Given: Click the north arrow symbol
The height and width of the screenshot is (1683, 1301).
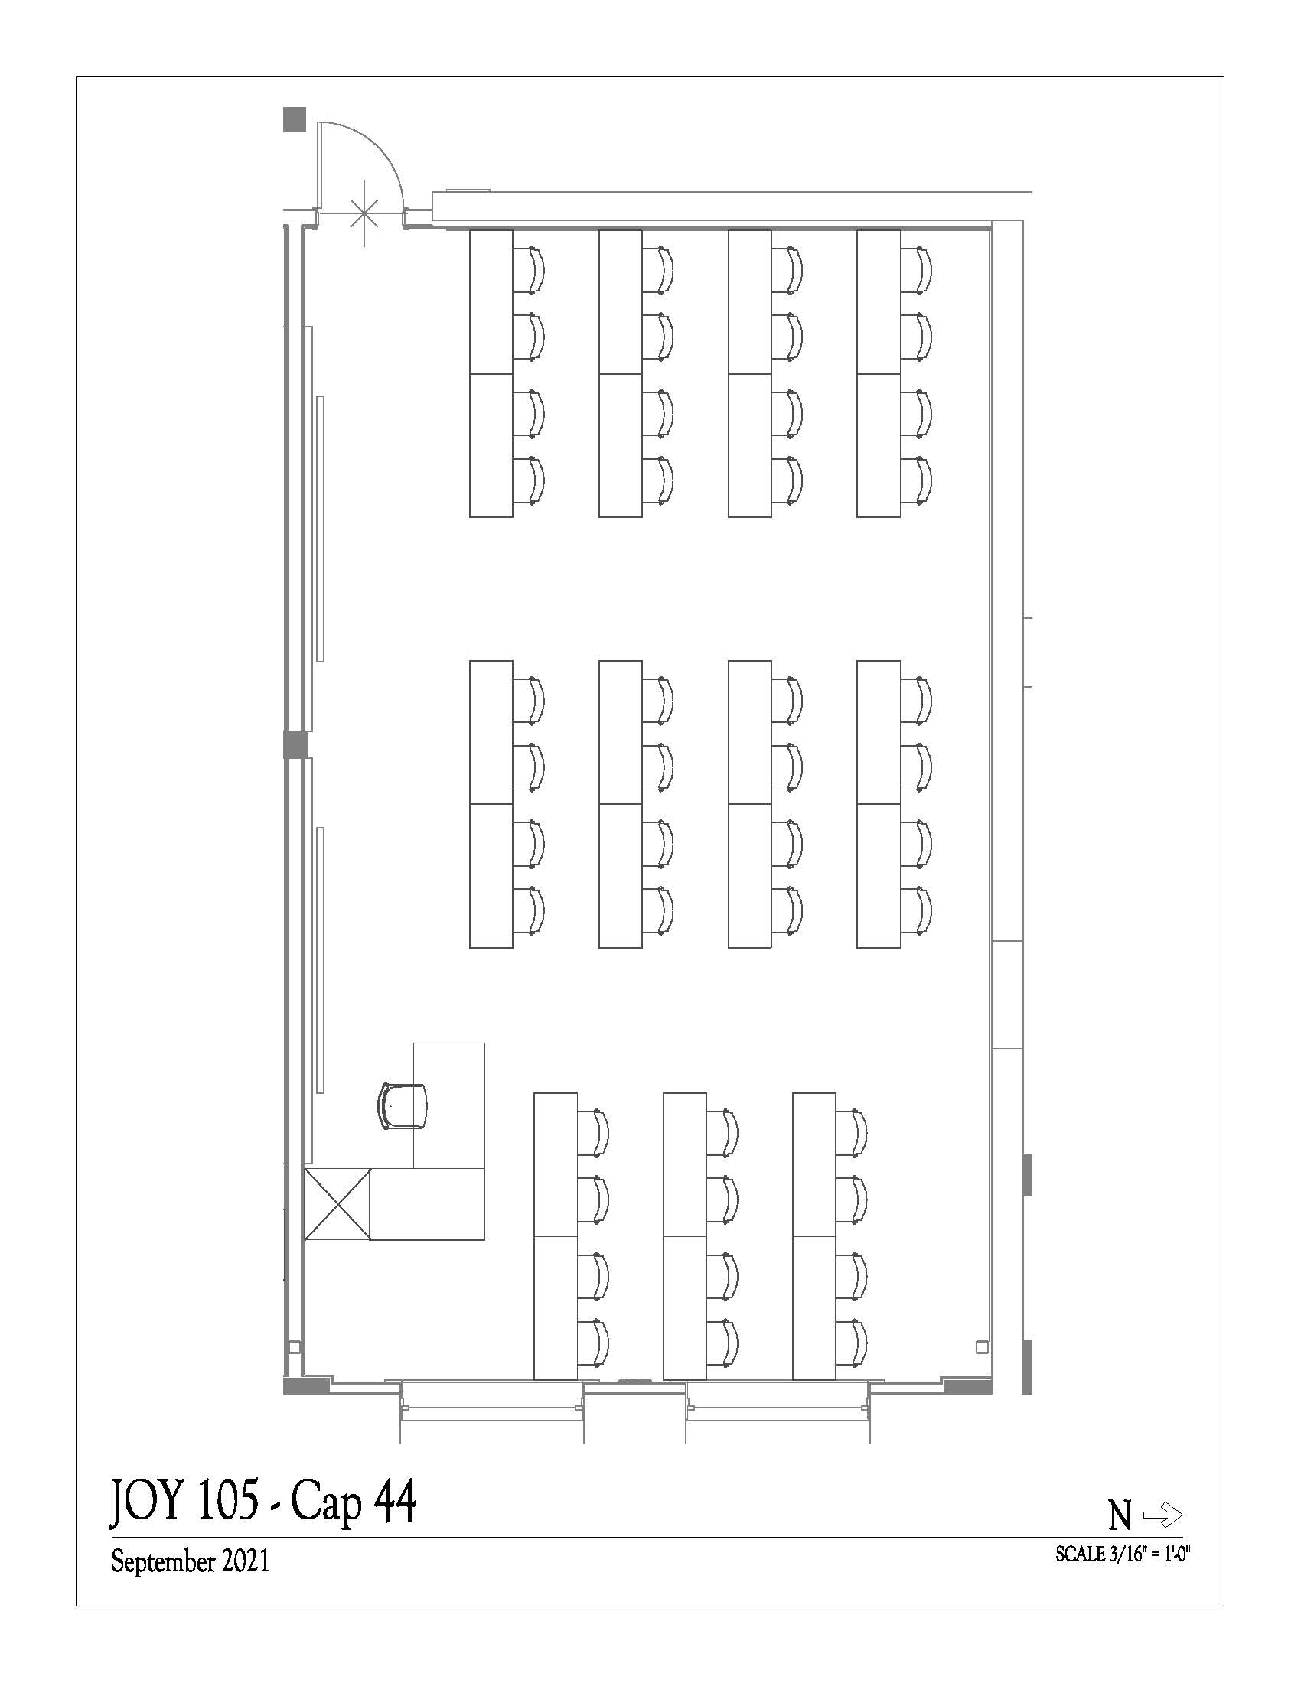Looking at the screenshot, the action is click(1163, 1515).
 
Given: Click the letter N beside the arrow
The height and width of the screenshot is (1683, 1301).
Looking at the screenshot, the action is click(1120, 1516).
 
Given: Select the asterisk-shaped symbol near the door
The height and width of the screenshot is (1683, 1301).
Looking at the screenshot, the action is click(364, 213).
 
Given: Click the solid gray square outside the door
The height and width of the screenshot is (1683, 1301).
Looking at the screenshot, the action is click(295, 119).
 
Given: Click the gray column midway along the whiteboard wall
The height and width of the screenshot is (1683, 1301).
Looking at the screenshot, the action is click(295, 744).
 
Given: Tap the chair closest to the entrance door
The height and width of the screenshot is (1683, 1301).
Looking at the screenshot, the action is click(530, 270).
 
